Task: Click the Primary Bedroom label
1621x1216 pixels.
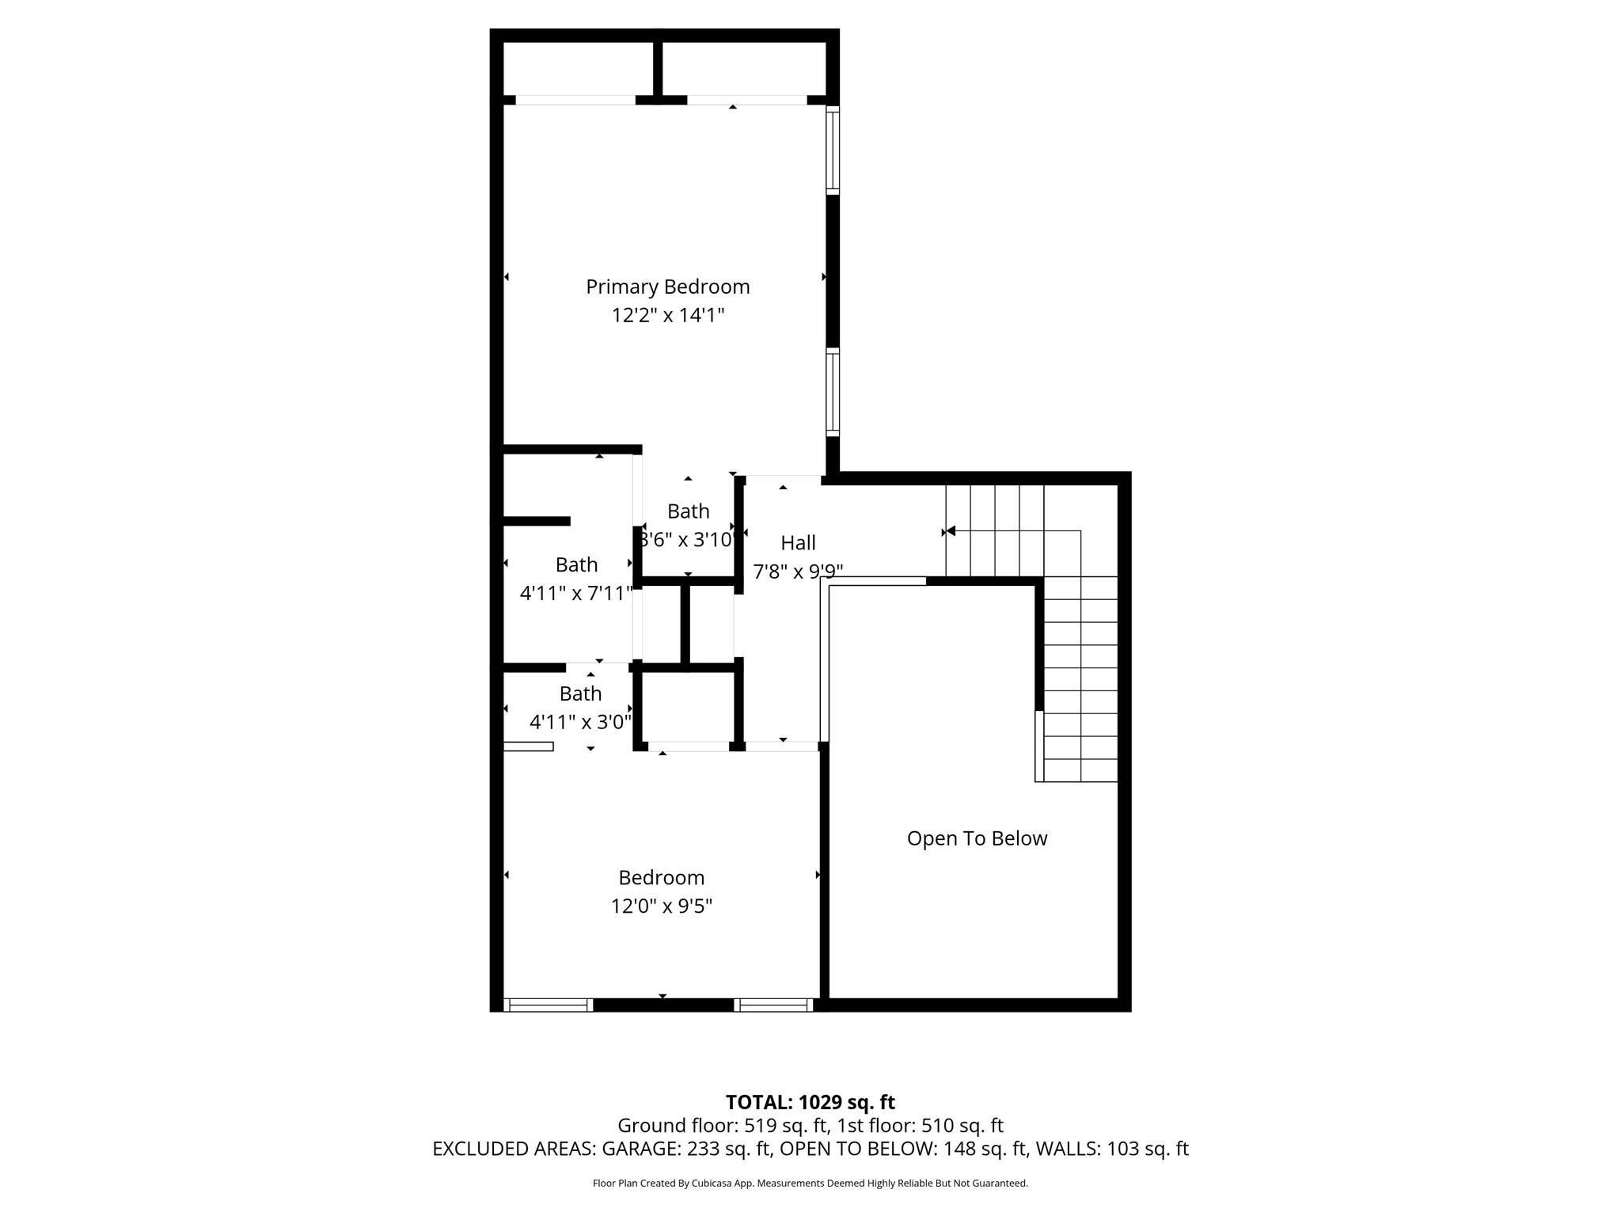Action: (x=667, y=287)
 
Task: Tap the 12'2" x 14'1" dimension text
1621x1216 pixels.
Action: (x=667, y=315)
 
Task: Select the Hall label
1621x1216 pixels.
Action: (x=798, y=543)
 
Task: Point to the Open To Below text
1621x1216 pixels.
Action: (x=977, y=838)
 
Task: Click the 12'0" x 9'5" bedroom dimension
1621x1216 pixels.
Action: (x=661, y=906)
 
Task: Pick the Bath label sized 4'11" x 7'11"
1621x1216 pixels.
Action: (x=576, y=564)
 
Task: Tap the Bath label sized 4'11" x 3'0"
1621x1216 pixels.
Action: (x=580, y=693)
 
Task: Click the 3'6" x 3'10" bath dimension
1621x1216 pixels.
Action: (x=688, y=540)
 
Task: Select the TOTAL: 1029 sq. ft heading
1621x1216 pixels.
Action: (x=810, y=1102)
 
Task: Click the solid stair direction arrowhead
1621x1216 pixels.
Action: (x=951, y=531)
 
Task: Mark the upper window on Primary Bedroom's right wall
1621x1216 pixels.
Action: (x=833, y=150)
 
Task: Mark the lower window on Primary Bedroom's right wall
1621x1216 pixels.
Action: (x=833, y=392)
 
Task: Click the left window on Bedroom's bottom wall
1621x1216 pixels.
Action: (x=549, y=1005)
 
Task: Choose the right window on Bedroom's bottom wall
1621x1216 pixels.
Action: (x=773, y=1005)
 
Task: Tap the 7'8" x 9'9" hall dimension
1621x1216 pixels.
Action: (x=798, y=572)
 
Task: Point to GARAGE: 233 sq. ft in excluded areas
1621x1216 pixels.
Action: (x=686, y=1149)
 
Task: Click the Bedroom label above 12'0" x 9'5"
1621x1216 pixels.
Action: (x=661, y=877)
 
